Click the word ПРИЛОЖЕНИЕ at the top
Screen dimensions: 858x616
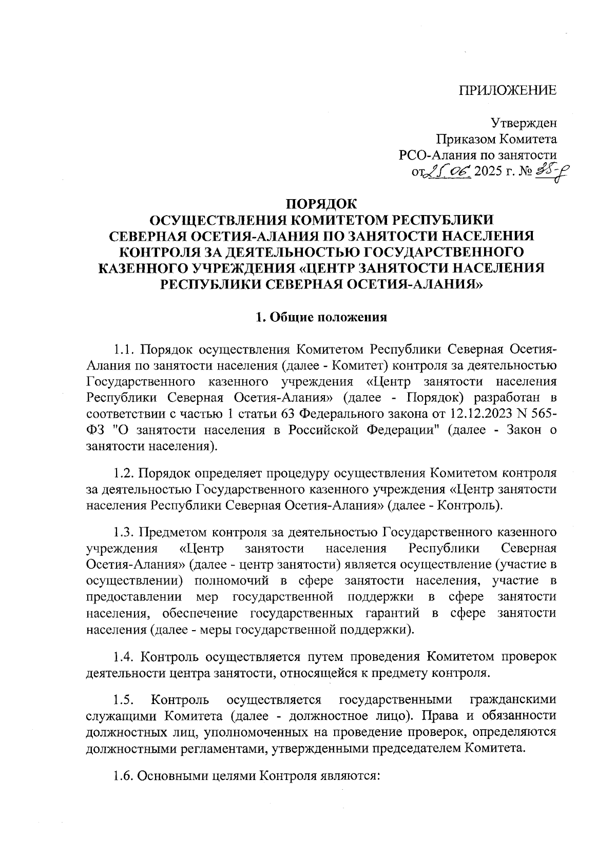tap(508, 91)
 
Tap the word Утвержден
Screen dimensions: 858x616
tap(524, 123)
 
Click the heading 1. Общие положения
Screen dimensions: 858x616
tap(321, 317)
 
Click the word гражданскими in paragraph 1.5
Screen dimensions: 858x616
tap(513, 699)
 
